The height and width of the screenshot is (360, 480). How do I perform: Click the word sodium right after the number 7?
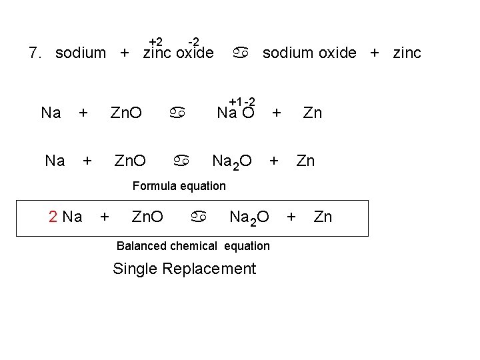pos(81,53)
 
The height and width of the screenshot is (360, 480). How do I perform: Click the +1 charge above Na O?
pos(235,101)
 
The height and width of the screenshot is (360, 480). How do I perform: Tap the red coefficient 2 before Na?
pos(54,217)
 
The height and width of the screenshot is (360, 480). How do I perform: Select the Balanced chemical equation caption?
pos(193,246)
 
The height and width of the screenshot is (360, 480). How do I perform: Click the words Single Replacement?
pos(184,269)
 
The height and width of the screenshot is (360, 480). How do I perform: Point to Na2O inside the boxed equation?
pos(249,217)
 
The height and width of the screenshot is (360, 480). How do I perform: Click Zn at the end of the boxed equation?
pos(323,217)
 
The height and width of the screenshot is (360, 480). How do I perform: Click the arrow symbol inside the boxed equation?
pos(199,217)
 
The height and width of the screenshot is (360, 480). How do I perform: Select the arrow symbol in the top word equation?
pos(241,53)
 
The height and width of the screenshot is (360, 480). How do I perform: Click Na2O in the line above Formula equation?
pos(231,161)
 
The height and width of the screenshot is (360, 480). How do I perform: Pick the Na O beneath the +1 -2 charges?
pos(236,113)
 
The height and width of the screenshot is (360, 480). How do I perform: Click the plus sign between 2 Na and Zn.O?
pos(104,217)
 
